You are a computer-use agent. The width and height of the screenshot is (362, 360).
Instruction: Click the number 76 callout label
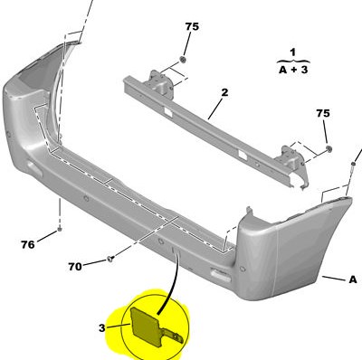(x=28, y=244)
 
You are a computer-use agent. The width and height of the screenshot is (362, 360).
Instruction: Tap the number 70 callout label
(x=75, y=267)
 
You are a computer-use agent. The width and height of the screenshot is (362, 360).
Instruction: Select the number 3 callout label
(x=102, y=327)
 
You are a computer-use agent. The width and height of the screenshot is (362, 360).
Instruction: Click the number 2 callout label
(x=224, y=92)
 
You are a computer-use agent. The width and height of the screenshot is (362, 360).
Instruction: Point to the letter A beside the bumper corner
(x=353, y=279)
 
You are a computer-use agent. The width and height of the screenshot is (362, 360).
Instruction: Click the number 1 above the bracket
(x=292, y=52)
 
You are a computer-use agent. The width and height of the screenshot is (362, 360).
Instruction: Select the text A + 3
(x=293, y=70)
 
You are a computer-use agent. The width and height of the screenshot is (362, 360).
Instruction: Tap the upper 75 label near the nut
(x=192, y=26)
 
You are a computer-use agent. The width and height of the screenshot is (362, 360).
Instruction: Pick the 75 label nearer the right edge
(x=323, y=113)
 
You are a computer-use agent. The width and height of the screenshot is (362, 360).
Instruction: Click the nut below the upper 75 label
(x=183, y=59)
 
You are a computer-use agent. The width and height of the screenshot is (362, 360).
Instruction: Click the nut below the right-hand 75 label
(x=329, y=148)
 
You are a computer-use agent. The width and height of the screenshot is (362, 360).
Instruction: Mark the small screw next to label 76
(x=60, y=230)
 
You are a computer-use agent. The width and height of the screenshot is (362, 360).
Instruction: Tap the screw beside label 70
(x=110, y=259)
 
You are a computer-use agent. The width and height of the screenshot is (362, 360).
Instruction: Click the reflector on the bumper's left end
(x=35, y=168)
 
